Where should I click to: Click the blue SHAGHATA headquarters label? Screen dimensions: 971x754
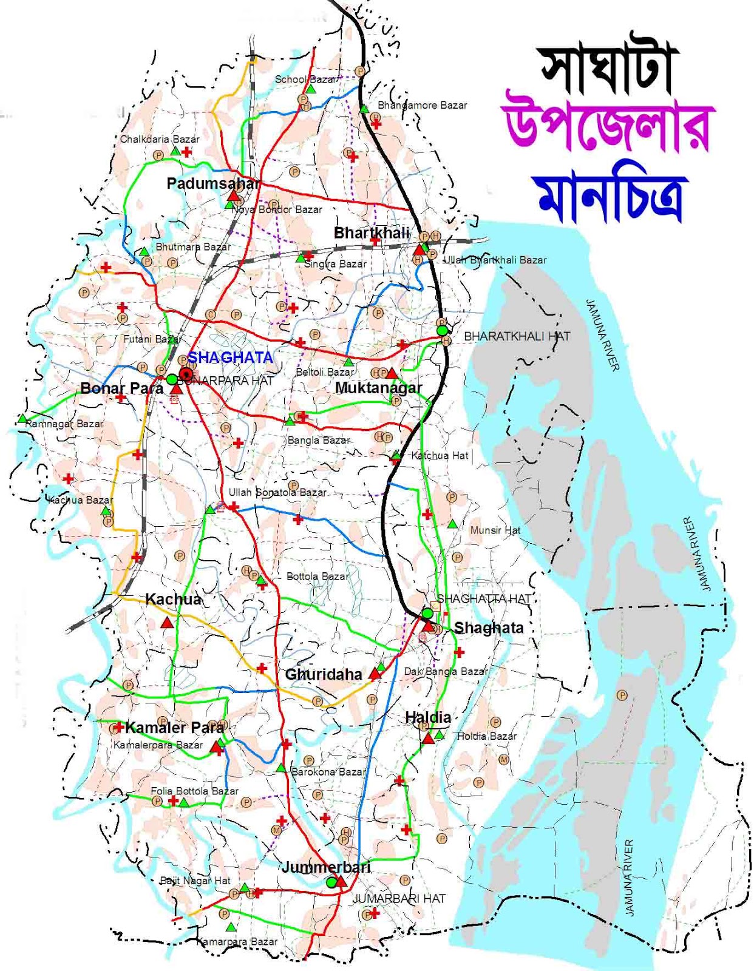pos(230,357)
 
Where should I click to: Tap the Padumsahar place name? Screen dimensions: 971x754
pos(213,183)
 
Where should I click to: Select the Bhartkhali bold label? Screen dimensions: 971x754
pos(372,233)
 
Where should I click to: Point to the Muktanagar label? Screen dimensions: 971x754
pos(378,387)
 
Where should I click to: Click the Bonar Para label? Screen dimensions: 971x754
pos(121,388)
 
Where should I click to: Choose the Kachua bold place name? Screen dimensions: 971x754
pos(173,600)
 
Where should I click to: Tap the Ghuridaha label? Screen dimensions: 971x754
pos(323,674)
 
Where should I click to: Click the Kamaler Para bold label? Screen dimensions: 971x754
pos(174,727)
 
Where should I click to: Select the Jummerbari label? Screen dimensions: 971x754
pos(325,867)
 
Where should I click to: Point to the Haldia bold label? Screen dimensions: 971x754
pos(428,717)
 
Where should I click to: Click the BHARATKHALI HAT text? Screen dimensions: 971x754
pos(517,336)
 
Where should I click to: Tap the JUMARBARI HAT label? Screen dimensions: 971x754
pos(399,898)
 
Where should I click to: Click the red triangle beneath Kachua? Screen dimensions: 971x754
pos(167,622)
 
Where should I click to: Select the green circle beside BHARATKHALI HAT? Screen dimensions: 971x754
pos(443,330)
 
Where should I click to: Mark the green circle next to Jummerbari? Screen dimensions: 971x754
pos(330,883)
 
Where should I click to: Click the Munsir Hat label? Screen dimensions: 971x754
pos(495,530)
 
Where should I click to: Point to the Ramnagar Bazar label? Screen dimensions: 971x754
pos(64,424)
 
